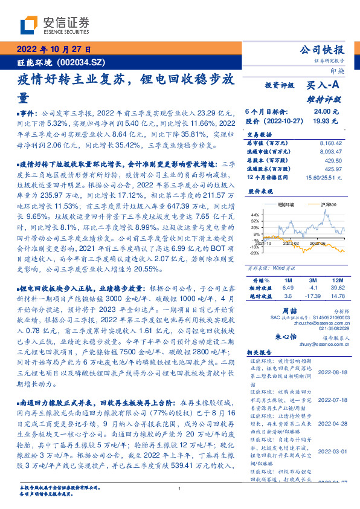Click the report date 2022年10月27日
pos(54,50)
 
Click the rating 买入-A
pos(323,86)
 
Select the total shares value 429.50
pos(333,160)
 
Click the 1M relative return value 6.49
pos(288,288)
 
